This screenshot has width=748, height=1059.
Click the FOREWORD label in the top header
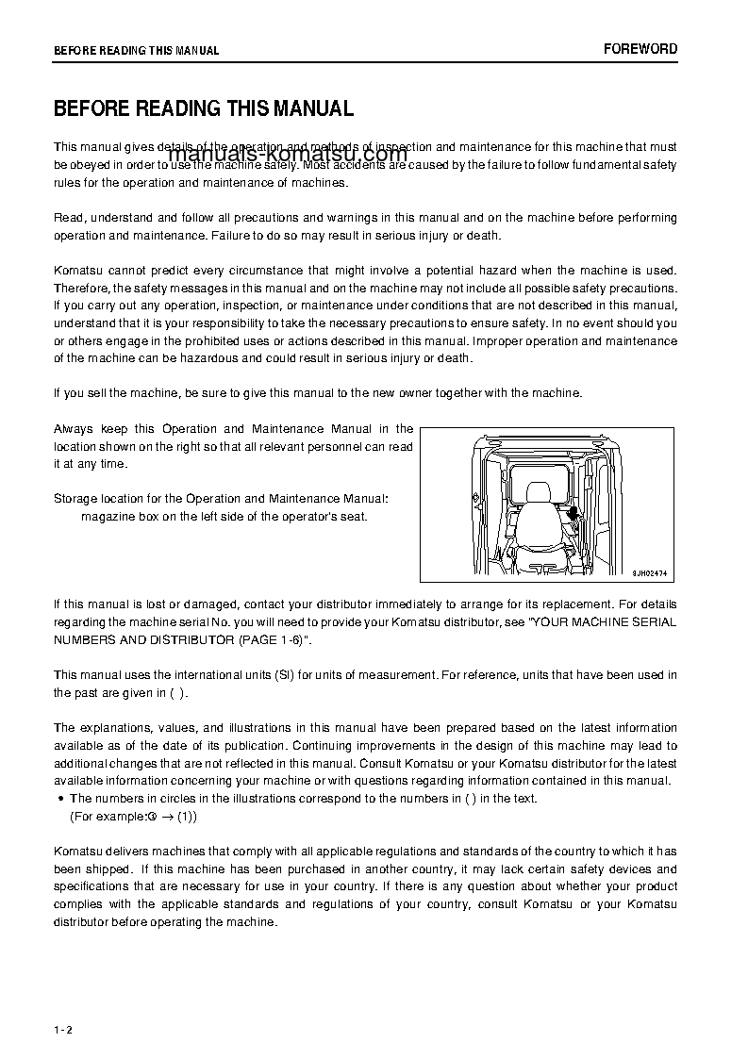click(640, 49)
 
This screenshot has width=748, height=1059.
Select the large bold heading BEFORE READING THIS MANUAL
click(204, 108)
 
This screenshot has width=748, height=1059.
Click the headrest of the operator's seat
click(539, 491)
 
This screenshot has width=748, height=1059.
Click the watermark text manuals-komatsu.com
click(288, 156)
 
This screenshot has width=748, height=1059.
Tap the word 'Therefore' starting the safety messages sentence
click(82, 288)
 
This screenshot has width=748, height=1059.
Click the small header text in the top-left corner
click(136, 51)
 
